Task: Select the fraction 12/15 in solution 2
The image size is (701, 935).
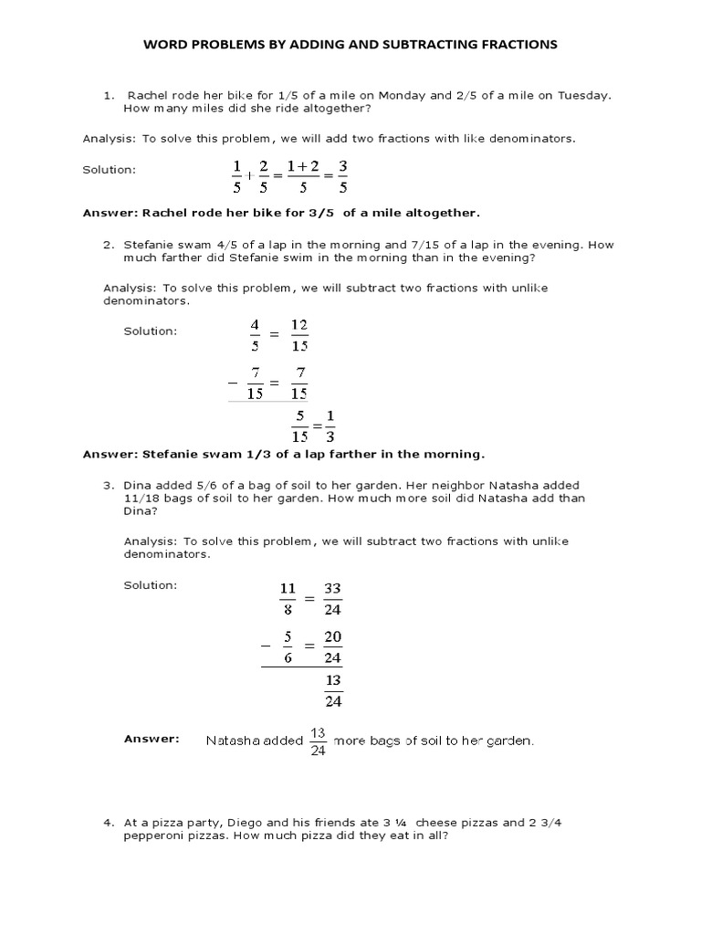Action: pyautogui.click(x=298, y=335)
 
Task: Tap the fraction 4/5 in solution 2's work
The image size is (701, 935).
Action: pyautogui.click(x=256, y=335)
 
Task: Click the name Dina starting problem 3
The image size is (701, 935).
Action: pyautogui.click(x=139, y=485)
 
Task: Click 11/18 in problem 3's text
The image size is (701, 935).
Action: pyautogui.click(x=141, y=499)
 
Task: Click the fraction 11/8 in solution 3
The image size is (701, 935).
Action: pyautogui.click(x=287, y=599)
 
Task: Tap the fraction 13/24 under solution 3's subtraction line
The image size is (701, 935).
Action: pyautogui.click(x=333, y=690)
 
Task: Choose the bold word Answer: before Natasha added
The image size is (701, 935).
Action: pyautogui.click(x=152, y=739)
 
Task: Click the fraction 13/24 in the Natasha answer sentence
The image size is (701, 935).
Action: pyautogui.click(x=318, y=741)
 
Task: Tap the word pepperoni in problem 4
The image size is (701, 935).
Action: pyautogui.click(x=153, y=836)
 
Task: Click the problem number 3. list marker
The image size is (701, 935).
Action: pyautogui.click(x=108, y=485)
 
